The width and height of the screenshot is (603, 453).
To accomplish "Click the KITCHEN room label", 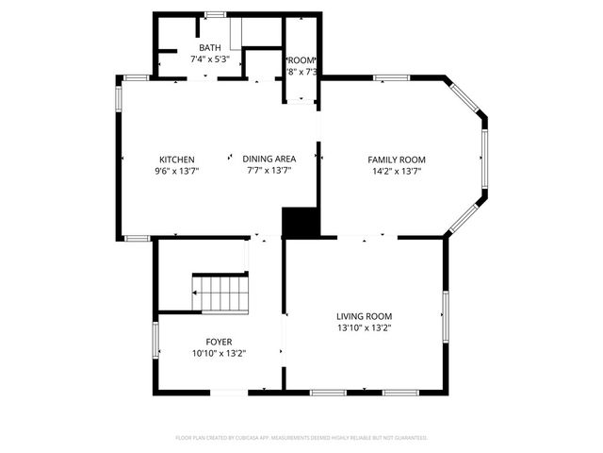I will [177, 159].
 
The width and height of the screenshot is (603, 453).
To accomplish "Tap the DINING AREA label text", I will [269, 159].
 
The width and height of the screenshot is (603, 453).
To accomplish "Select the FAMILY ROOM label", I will [396, 159].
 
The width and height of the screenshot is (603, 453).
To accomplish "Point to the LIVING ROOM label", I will [364, 316].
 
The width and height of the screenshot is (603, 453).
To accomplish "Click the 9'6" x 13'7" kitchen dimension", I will [177, 172].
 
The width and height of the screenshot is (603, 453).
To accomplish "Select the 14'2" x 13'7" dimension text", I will [396, 172].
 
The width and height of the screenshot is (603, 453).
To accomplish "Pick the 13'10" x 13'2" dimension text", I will [364, 328].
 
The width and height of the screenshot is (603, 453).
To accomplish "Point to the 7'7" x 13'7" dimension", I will [269, 172].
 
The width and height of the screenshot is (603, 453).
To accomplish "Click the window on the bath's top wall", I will [215, 13].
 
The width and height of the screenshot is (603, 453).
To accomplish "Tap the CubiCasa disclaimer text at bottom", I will [301, 438].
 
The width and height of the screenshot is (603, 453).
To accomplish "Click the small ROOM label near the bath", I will [301, 59].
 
